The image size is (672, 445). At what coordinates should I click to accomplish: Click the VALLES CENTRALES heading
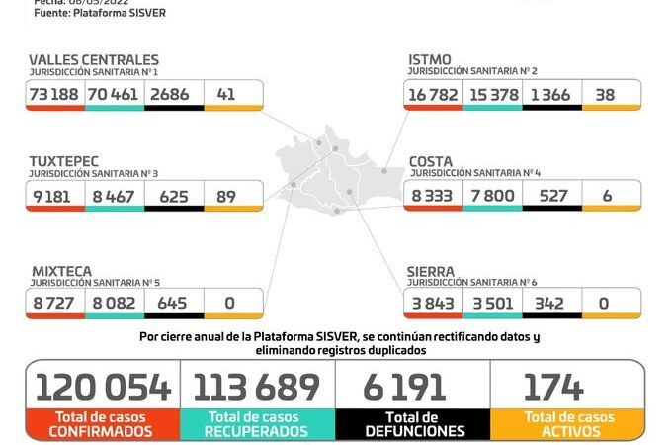[x=94, y=60]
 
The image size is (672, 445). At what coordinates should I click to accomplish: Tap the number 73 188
[x=55, y=94]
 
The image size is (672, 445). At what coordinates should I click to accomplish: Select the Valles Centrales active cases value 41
[x=226, y=94]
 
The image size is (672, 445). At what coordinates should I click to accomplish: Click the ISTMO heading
[x=431, y=60]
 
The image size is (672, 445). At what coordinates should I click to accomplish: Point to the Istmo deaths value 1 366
[x=551, y=94]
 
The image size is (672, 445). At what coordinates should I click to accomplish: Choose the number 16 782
[x=433, y=94]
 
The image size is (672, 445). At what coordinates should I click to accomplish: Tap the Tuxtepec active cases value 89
[x=226, y=195]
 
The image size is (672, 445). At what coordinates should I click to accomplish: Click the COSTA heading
[x=432, y=160]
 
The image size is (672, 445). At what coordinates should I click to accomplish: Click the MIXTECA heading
[x=61, y=270]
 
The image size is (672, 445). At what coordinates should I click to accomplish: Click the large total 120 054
[x=103, y=387]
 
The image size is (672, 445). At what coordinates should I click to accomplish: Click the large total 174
[x=553, y=387]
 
